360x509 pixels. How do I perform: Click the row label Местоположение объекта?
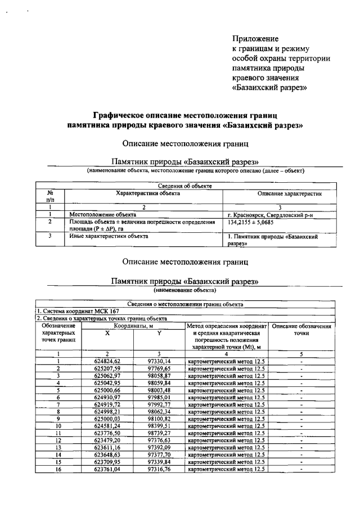click(103, 214)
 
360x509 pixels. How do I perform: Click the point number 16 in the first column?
click(58, 470)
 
